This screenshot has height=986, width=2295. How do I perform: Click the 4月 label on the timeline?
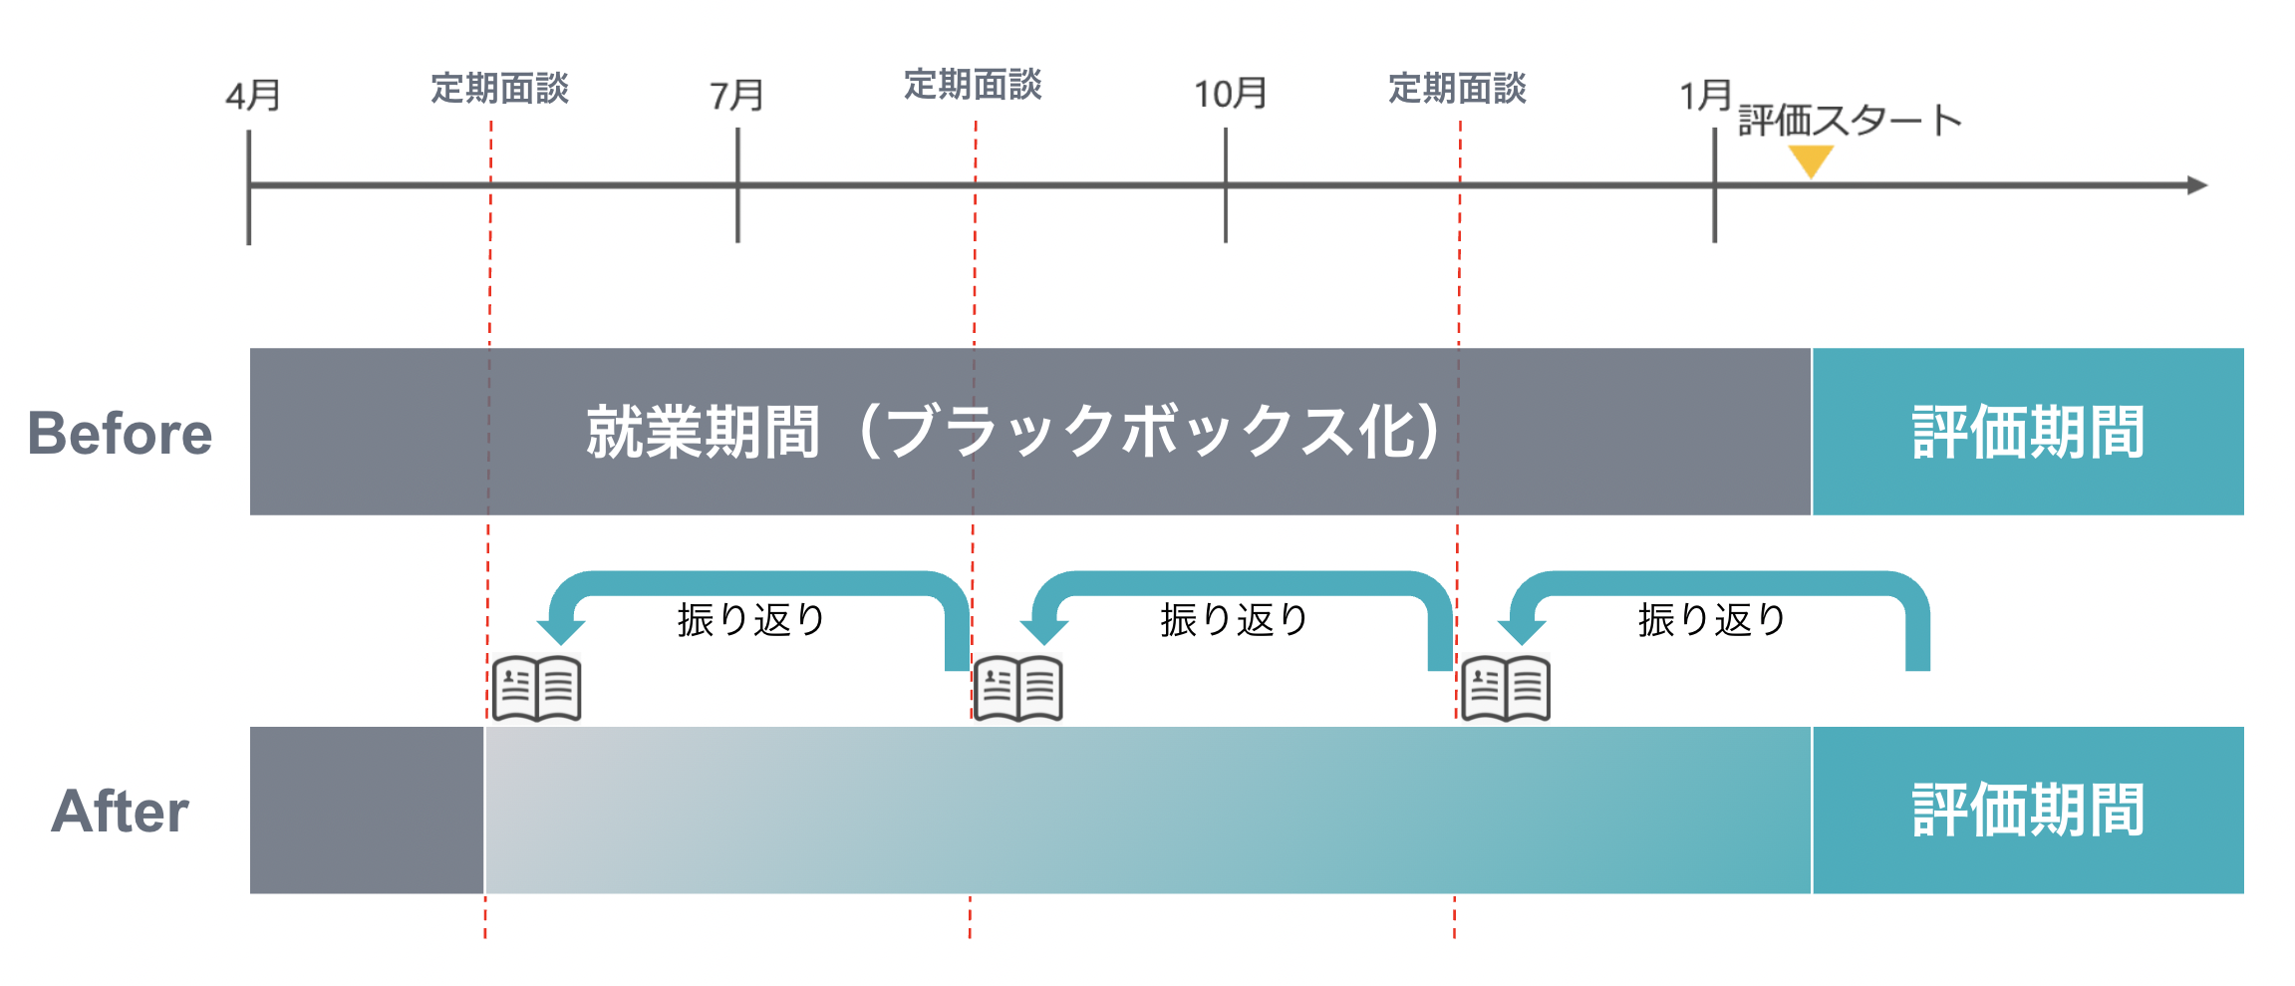[x=252, y=96]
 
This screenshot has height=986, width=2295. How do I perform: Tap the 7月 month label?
[x=736, y=96]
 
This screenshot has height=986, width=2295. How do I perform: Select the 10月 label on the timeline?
[x=1230, y=94]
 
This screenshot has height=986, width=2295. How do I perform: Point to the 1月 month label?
[x=1705, y=96]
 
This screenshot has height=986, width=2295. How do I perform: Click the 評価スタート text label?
[x=1850, y=121]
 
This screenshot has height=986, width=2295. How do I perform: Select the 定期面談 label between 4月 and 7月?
[x=499, y=89]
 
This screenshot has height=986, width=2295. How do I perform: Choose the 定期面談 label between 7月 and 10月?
[x=973, y=85]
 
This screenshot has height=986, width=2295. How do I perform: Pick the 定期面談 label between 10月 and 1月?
[x=1457, y=89]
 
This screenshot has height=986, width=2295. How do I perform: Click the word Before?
[x=120, y=434]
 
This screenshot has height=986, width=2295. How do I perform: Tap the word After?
[x=120, y=811]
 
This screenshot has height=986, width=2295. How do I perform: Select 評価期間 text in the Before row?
[x=2028, y=432]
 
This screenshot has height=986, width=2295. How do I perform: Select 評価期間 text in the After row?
[x=2028, y=810]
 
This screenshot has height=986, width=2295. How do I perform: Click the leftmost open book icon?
[x=537, y=688]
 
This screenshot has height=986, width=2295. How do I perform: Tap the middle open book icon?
[x=1017, y=688]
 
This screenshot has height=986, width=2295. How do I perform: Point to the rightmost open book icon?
[x=1506, y=688]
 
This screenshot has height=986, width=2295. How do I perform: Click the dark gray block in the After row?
[x=367, y=810]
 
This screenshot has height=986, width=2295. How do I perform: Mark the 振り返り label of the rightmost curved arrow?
[x=1712, y=620]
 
